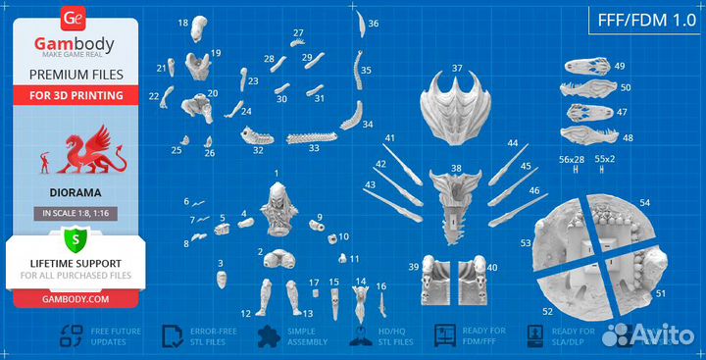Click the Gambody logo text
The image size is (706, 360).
[x=75, y=44]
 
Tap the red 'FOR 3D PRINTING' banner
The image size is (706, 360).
[x=75, y=95]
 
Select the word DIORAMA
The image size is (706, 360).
[x=75, y=192]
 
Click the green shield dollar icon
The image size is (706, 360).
[x=75, y=239]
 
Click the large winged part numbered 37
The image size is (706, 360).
[x=457, y=104]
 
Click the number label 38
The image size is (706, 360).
[x=455, y=168]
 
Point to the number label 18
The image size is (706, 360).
[x=183, y=22]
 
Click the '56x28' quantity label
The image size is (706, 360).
[x=571, y=158]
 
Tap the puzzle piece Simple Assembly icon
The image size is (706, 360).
[x=266, y=337]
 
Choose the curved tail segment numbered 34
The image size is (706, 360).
[x=350, y=118]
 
